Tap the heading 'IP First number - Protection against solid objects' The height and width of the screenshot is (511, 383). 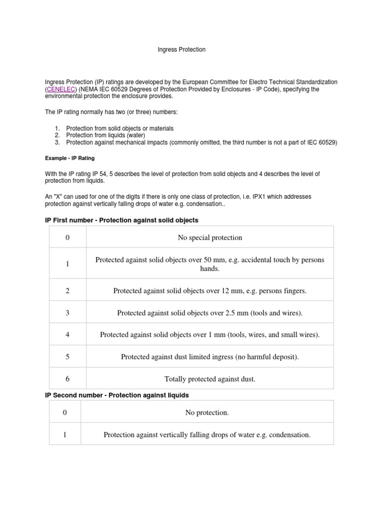tap(122, 220)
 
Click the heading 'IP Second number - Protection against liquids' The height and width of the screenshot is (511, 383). tap(117, 395)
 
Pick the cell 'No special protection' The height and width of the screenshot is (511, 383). tap(210, 238)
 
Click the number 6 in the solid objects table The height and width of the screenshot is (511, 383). tap(67, 379)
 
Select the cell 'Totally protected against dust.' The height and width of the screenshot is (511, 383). tap(210, 379)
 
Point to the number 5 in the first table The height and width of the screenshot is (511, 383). tap(67, 357)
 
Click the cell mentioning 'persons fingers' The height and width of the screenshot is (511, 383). tap(210, 290)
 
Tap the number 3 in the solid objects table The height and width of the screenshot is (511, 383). tap(67, 313)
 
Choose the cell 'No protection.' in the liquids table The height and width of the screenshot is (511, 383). tap(207, 413)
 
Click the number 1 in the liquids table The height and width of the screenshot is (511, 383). tap(64, 435)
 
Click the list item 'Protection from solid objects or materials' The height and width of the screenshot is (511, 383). tap(120, 128)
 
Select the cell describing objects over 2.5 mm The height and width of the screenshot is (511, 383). tap(210, 313)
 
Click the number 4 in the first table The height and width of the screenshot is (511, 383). tap(67, 335)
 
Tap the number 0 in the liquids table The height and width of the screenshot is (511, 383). tap(64, 413)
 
